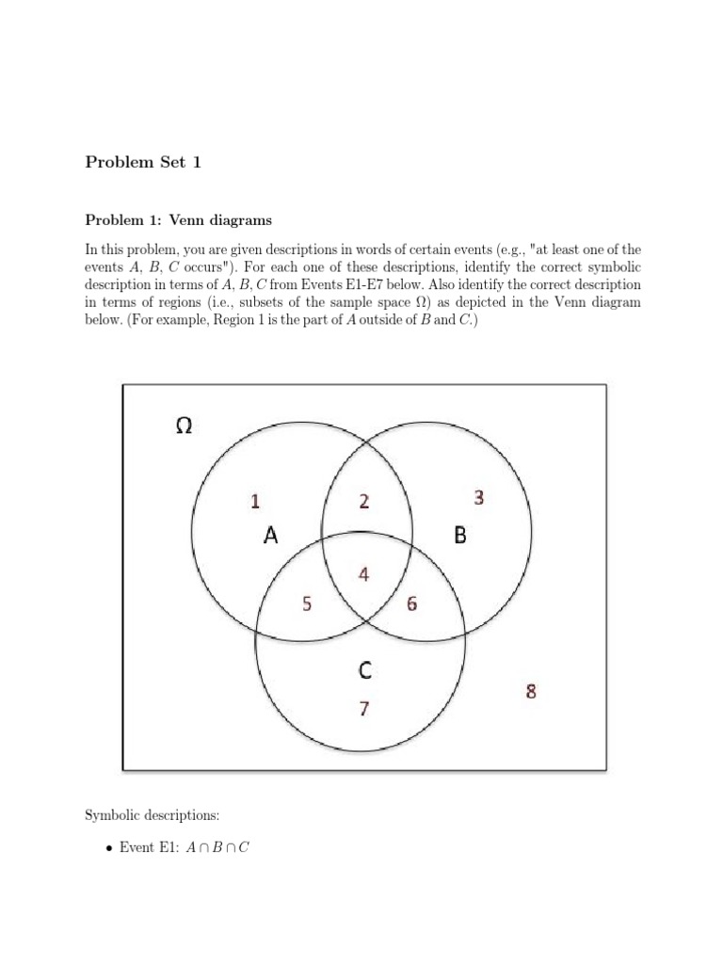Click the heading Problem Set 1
point(143,163)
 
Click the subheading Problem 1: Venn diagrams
point(178,220)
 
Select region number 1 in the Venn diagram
point(255,502)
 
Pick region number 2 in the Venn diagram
point(364,502)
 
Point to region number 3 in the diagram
point(479,498)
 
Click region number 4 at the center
point(364,573)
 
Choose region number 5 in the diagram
point(307,604)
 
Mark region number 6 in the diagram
point(412,604)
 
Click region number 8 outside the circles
point(531,692)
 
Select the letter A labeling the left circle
point(271,537)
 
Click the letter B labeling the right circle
point(460,536)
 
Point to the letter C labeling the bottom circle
point(365,670)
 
